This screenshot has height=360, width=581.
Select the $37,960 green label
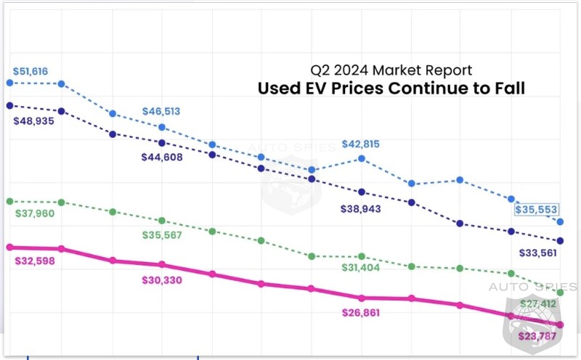[x=35, y=213]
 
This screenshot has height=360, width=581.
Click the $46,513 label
[x=161, y=112]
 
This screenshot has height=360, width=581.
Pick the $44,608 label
[x=162, y=157]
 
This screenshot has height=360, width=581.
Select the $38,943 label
[x=361, y=209]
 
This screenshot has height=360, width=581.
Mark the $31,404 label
[x=361, y=268]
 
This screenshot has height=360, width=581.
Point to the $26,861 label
[x=361, y=313]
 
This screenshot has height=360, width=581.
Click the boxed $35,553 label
[x=537, y=209]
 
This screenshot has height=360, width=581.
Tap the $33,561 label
[x=539, y=253]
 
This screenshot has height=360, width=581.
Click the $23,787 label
[x=540, y=336]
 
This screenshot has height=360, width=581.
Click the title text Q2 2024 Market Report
[x=391, y=70]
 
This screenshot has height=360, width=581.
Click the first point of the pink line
[x=9, y=247]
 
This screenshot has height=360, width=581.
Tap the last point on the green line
[x=560, y=292]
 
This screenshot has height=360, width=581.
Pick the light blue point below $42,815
[x=361, y=157]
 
